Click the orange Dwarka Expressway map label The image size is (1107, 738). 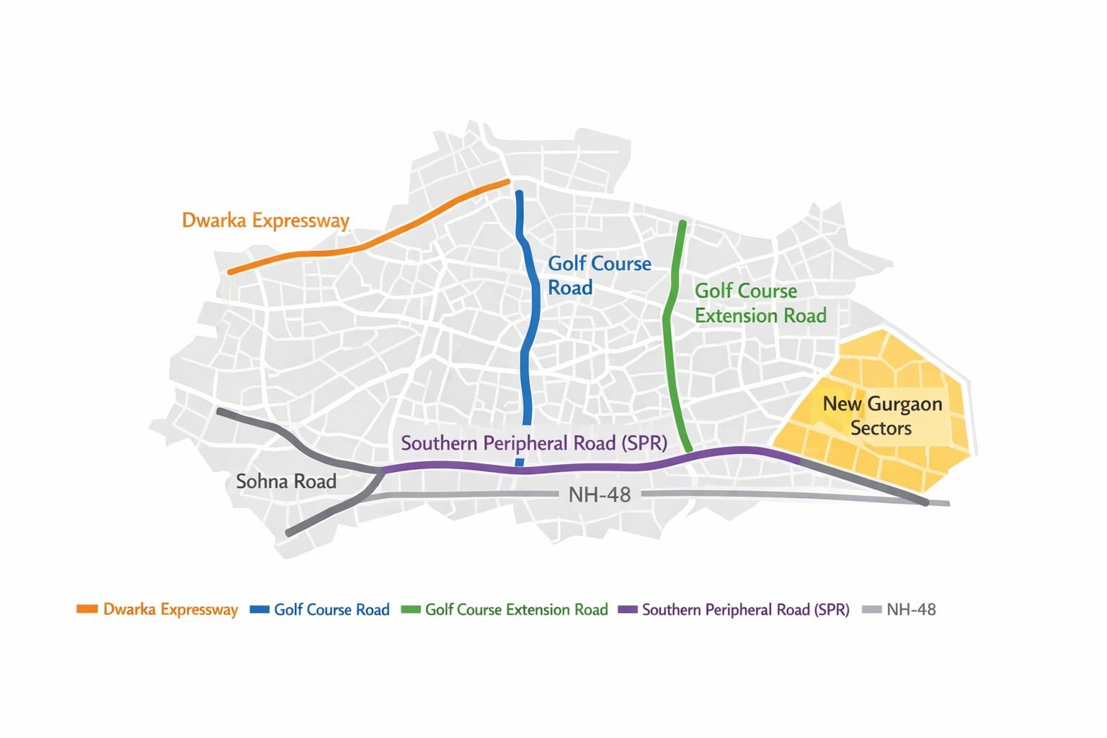click(x=265, y=221)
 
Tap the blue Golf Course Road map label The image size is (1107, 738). click(x=599, y=275)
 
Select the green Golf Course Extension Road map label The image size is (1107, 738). click(x=760, y=303)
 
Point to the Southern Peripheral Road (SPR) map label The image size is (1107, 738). click(x=533, y=443)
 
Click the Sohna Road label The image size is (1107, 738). click(x=286, y=481)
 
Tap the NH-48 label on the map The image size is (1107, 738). click(x=599, y=495)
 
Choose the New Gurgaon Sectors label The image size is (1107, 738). click(x=882, y=416)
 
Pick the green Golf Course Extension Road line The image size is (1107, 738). click(x=670, y=346)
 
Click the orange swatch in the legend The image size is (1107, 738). click(x=87, y=610)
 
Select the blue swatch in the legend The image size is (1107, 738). click(x=259, y=610)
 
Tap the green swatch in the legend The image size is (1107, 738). click(x=410, y=610)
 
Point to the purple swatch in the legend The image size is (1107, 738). click(x=628, y=610)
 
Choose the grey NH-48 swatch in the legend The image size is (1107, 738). click(x=872, y=610)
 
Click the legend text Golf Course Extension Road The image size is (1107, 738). click(x=516, y=610)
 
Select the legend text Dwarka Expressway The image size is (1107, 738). click(x=170, y=610)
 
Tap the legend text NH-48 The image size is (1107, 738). click(x=911, y=610)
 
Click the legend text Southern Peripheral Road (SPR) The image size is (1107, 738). click(x=745, y=610)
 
